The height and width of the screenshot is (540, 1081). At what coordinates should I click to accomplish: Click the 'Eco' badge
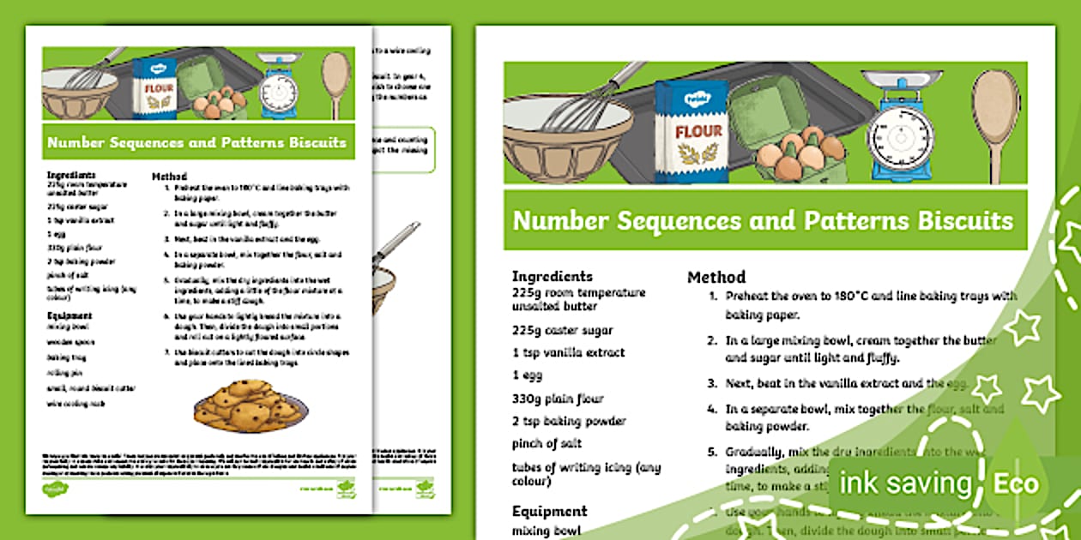click(1016, 483)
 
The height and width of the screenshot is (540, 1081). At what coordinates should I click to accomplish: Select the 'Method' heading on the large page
click(716, 277)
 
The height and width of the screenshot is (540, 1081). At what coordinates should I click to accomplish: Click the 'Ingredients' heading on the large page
click(553, 276)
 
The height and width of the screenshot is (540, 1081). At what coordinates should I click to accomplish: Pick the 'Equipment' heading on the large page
click(549, 511)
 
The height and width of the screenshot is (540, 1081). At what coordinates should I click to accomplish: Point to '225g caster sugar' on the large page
click(562, 330)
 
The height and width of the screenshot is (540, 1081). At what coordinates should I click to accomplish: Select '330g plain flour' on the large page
click(558, 399)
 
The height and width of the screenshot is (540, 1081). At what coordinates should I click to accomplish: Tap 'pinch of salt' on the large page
click(547, 443)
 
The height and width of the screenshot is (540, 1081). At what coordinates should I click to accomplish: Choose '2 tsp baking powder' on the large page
click(568, 421)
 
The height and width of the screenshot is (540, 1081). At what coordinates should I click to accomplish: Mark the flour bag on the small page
click(154, 87)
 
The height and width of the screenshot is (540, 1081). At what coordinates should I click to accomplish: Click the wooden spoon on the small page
click(335, 83)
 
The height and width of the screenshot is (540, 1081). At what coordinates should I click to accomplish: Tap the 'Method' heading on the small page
click(169, 176)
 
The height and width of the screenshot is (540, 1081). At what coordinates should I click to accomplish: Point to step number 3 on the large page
click(712, 383)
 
